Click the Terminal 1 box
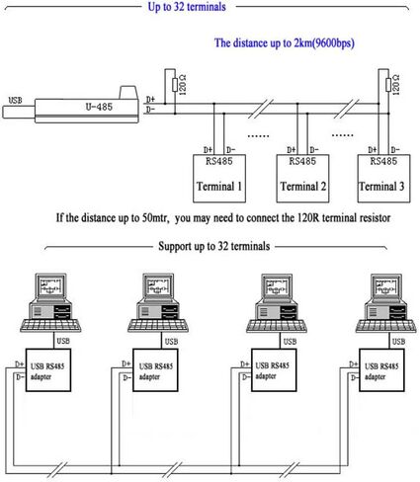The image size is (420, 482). (219, 178)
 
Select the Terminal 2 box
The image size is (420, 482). (302, 178)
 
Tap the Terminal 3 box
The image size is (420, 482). (384, 178)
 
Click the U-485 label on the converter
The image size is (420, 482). (99, 107)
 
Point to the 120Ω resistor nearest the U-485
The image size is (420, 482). (175, 85)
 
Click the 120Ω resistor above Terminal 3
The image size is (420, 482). (388, 85)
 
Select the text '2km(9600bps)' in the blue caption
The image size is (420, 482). (324, 43)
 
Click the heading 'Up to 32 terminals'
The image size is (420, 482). (187, 7)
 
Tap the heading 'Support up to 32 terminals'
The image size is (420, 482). (214, 246)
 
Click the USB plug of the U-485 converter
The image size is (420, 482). (19, 112)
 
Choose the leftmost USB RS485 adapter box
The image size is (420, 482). (48, 370)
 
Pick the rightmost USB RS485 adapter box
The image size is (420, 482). (381, 370)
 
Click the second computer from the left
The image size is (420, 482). (158, 302)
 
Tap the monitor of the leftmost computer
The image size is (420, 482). (50, 286)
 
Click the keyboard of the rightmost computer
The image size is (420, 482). (385, 326)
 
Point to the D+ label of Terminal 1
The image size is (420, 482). (208, 150)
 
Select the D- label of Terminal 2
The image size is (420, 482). (314, 150)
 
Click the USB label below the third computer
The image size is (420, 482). (290, 342)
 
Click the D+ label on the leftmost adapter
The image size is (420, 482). (20, 364)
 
